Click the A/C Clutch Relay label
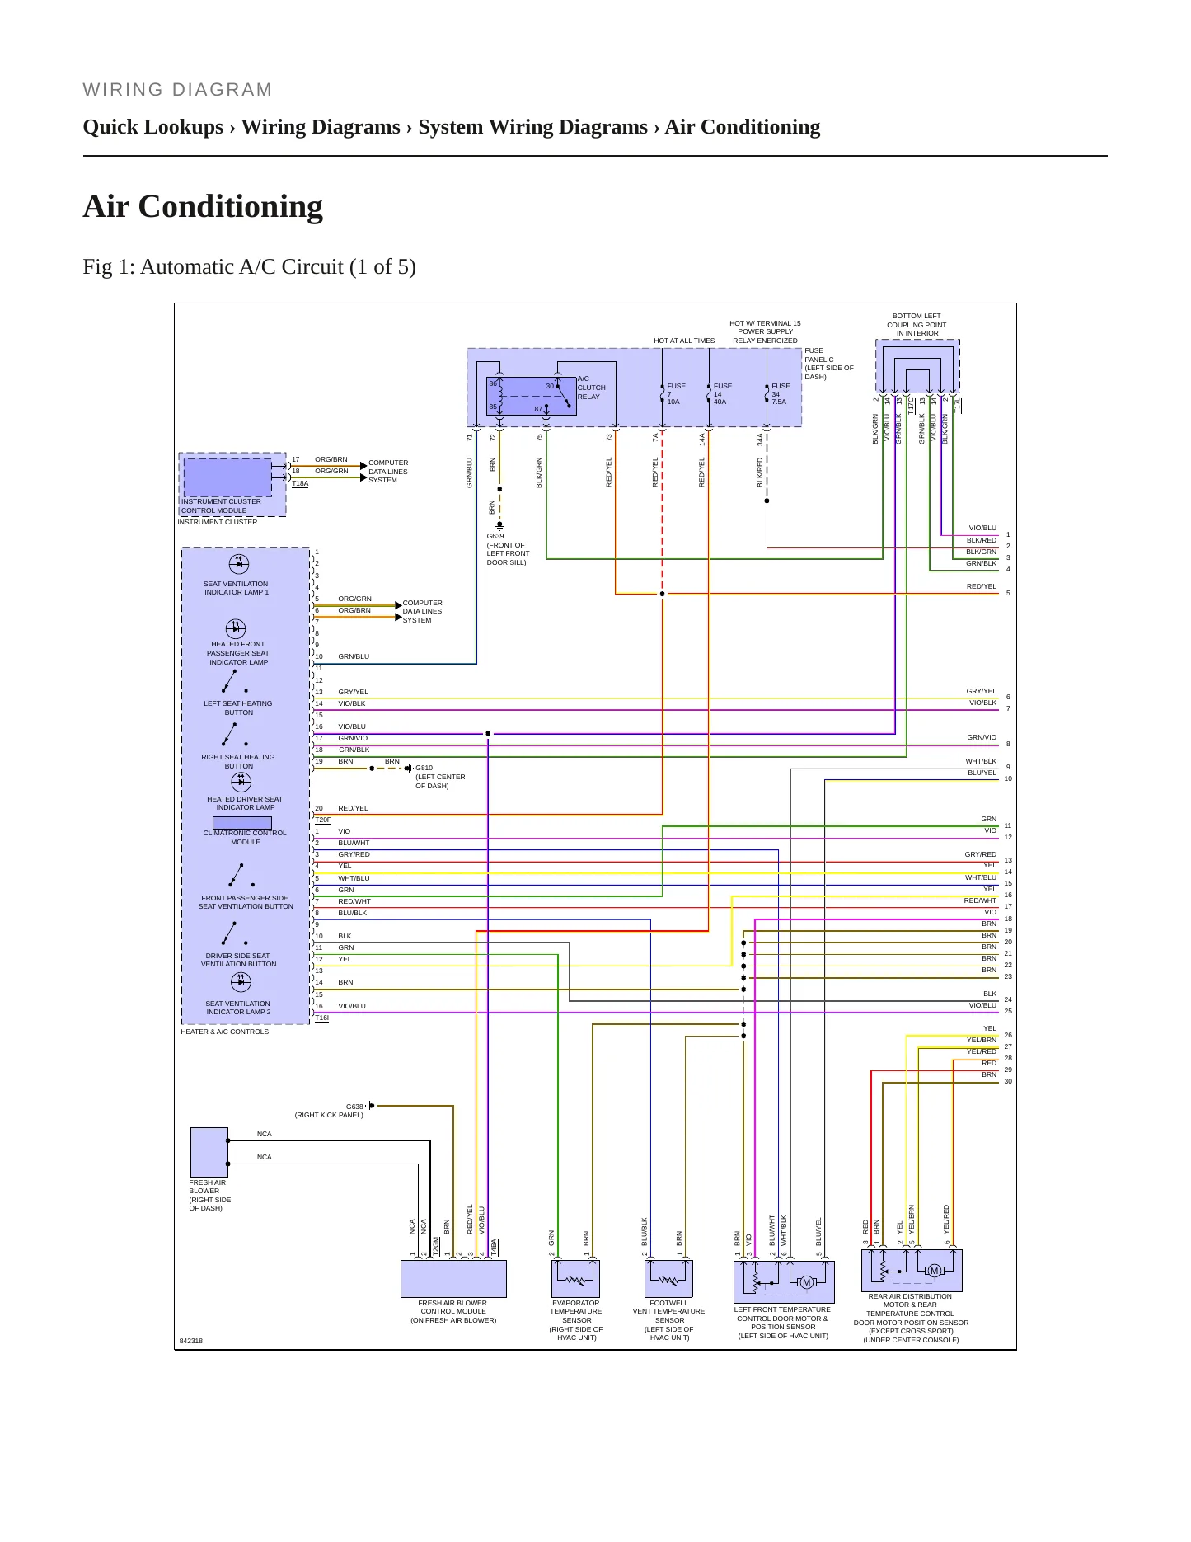click(x=591, y=388)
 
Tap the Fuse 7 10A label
click(x=676, y=393)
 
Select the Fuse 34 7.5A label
click(x=781, y=393)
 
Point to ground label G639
click(x=495, y=536)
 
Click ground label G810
click(x=424, y=768)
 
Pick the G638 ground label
click(x=354, y=1107)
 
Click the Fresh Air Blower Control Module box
click(x=453, y=1279)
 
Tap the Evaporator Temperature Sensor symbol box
click(x=575, y=1279)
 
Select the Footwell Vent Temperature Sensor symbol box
click(x=668, y=1279)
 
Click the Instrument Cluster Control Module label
click(x=221, y=505)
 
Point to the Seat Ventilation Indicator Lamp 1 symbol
click(x=238, y=563)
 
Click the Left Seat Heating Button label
click(x=237, y=708)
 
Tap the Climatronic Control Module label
click(x=245, y=837)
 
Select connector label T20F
click(x=322, y=820)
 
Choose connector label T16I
click(x=321, y=1018)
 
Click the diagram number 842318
click(x=190, y=1341)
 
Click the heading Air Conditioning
click(x=203, y=206)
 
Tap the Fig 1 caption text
click(x=249, y=266)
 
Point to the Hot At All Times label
click(x=684, y=341)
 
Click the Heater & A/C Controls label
click(x=224, y=1032)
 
